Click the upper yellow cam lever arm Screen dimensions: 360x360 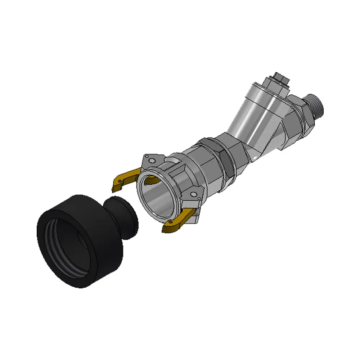124,178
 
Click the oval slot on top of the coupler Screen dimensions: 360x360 175,158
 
